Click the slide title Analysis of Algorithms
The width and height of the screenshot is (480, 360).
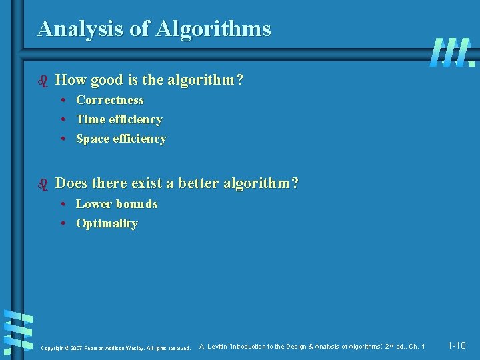click(x=154, y=29)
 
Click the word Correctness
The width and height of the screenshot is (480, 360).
click(x=110, y=100)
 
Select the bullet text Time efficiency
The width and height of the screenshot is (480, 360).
click(x=119, y=119)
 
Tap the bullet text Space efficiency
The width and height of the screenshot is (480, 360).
click(x=121, y=139)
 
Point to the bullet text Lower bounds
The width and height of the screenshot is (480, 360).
click(x=117, y=204)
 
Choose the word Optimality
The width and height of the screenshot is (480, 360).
click(x=107, y=223)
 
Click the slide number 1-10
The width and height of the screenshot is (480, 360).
click(x=457, y=345)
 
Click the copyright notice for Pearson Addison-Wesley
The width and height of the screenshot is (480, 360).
click(x=115, y=348)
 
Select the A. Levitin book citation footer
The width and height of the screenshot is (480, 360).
click(x=312, y=347)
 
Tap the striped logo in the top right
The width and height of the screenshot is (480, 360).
click(x=453, y=52)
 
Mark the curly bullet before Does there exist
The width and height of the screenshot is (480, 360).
click(x=43, y=183)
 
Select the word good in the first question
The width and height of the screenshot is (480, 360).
click(x=107, y=81)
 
